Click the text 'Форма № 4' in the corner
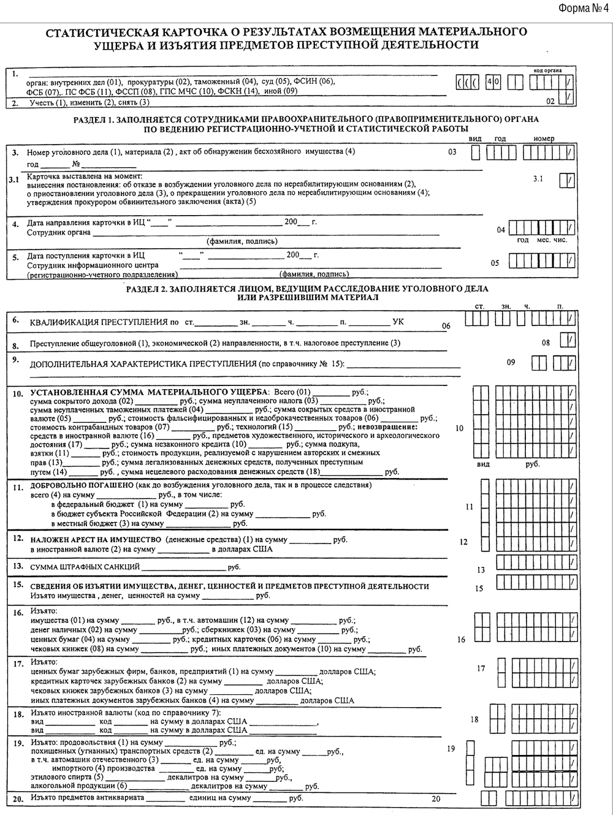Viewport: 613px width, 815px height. pyautogui.click(x=583, y=8)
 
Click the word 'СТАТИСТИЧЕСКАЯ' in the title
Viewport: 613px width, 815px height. pyautogui.click(x=97, y=32)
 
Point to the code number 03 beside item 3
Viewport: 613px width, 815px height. pyautogui.click(x=452, y=151)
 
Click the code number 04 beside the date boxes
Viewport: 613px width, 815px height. pyautogui.click(x=501, y=230)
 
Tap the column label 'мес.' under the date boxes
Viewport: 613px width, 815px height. pyautogui.click(x=543, y=240)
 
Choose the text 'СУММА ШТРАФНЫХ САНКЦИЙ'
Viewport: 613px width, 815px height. pyautogui.click(x=85, y=567)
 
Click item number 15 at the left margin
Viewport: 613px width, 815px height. pyautogui.click(x=18, y=585)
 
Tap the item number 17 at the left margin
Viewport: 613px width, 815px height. pyautogui.click(x=18, y=663)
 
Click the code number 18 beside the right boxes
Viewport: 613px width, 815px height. pyautogui.click(x=474, y=719)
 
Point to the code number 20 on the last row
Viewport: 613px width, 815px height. pyautogui.click(x=436, y=799)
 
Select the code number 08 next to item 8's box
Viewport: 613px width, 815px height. pyautogui.click(x=546, y=343)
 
